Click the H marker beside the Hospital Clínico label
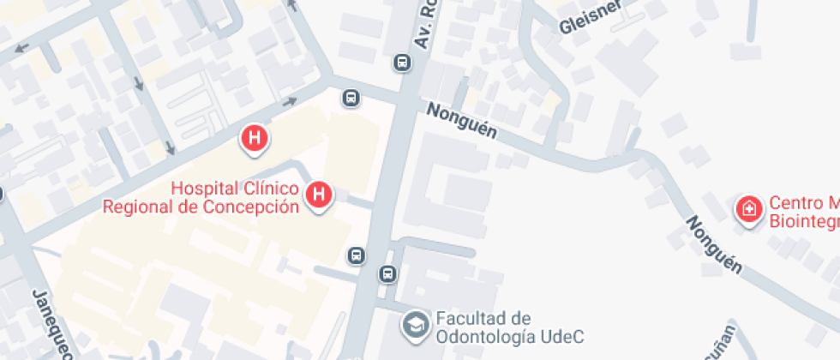click(320, 195)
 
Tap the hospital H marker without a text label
click(254, 138)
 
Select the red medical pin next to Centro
click(749, 208)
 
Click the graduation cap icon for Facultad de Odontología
click(417, 324)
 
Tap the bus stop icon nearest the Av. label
click(401, 63)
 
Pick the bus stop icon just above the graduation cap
click(387, 274)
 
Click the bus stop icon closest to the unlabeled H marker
click(351, 98)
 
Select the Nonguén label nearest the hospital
click(461, 121)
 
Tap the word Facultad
click(471, 318)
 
